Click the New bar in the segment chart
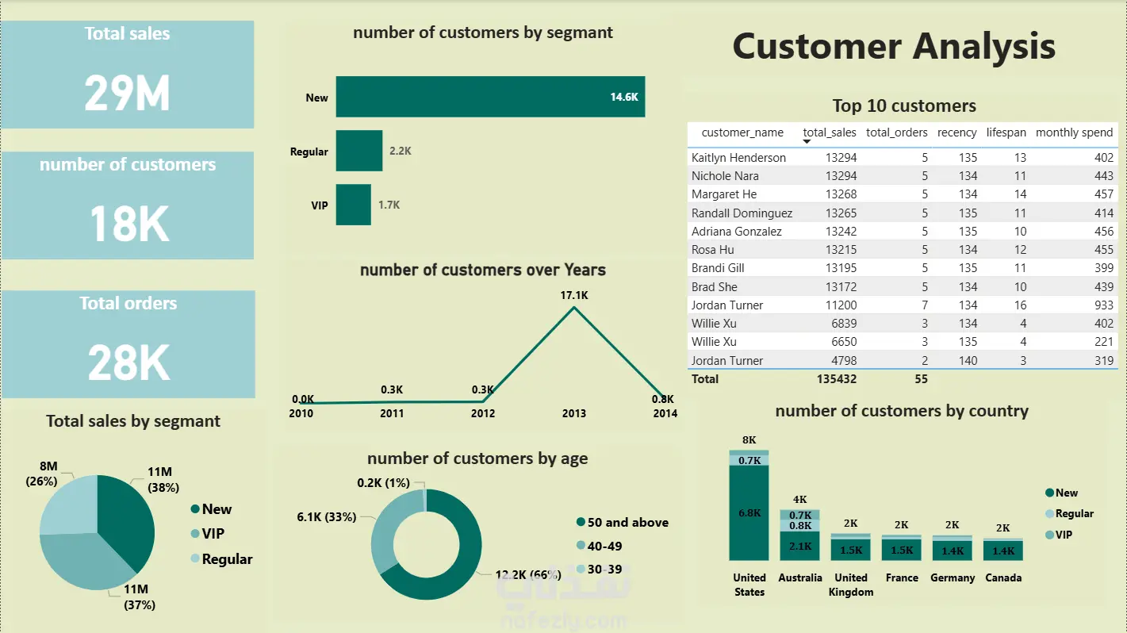[489, 98]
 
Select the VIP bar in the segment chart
[353, 205]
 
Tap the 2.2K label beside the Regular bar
[400, 151]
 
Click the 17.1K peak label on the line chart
[573, 295]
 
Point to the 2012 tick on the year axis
[483, 413]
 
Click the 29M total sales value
[127, 93]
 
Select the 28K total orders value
[128, 363]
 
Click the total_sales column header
[830, 132]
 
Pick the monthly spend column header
[1074, 132]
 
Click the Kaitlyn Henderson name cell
[738, 158]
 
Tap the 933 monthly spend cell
[1102, 305]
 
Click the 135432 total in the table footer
[836, 379]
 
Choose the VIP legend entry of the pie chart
[213, 534]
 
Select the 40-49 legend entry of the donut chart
[604, 546]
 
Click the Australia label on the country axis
[799, 577]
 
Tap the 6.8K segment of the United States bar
[749, 512]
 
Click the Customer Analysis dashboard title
[894, 46]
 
